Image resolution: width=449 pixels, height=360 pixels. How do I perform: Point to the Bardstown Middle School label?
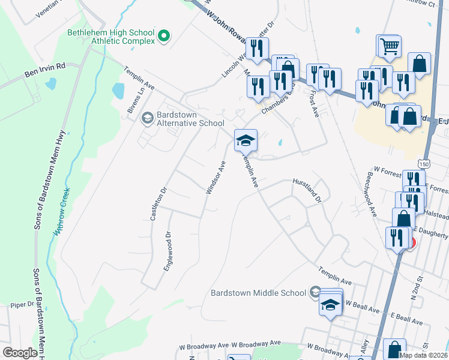(x=259, y=293)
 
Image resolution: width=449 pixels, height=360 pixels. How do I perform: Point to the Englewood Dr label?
(x=168, y=251)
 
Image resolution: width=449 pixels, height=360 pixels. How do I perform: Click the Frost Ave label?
(x=313, y=104)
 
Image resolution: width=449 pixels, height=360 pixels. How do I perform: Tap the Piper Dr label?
(x=22, y=305)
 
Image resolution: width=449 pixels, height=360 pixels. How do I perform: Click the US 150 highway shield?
(x=424, y=163)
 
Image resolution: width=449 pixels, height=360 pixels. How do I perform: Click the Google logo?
(x=20, y=353)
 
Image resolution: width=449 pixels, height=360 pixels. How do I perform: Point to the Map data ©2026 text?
(x=423, y=355)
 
